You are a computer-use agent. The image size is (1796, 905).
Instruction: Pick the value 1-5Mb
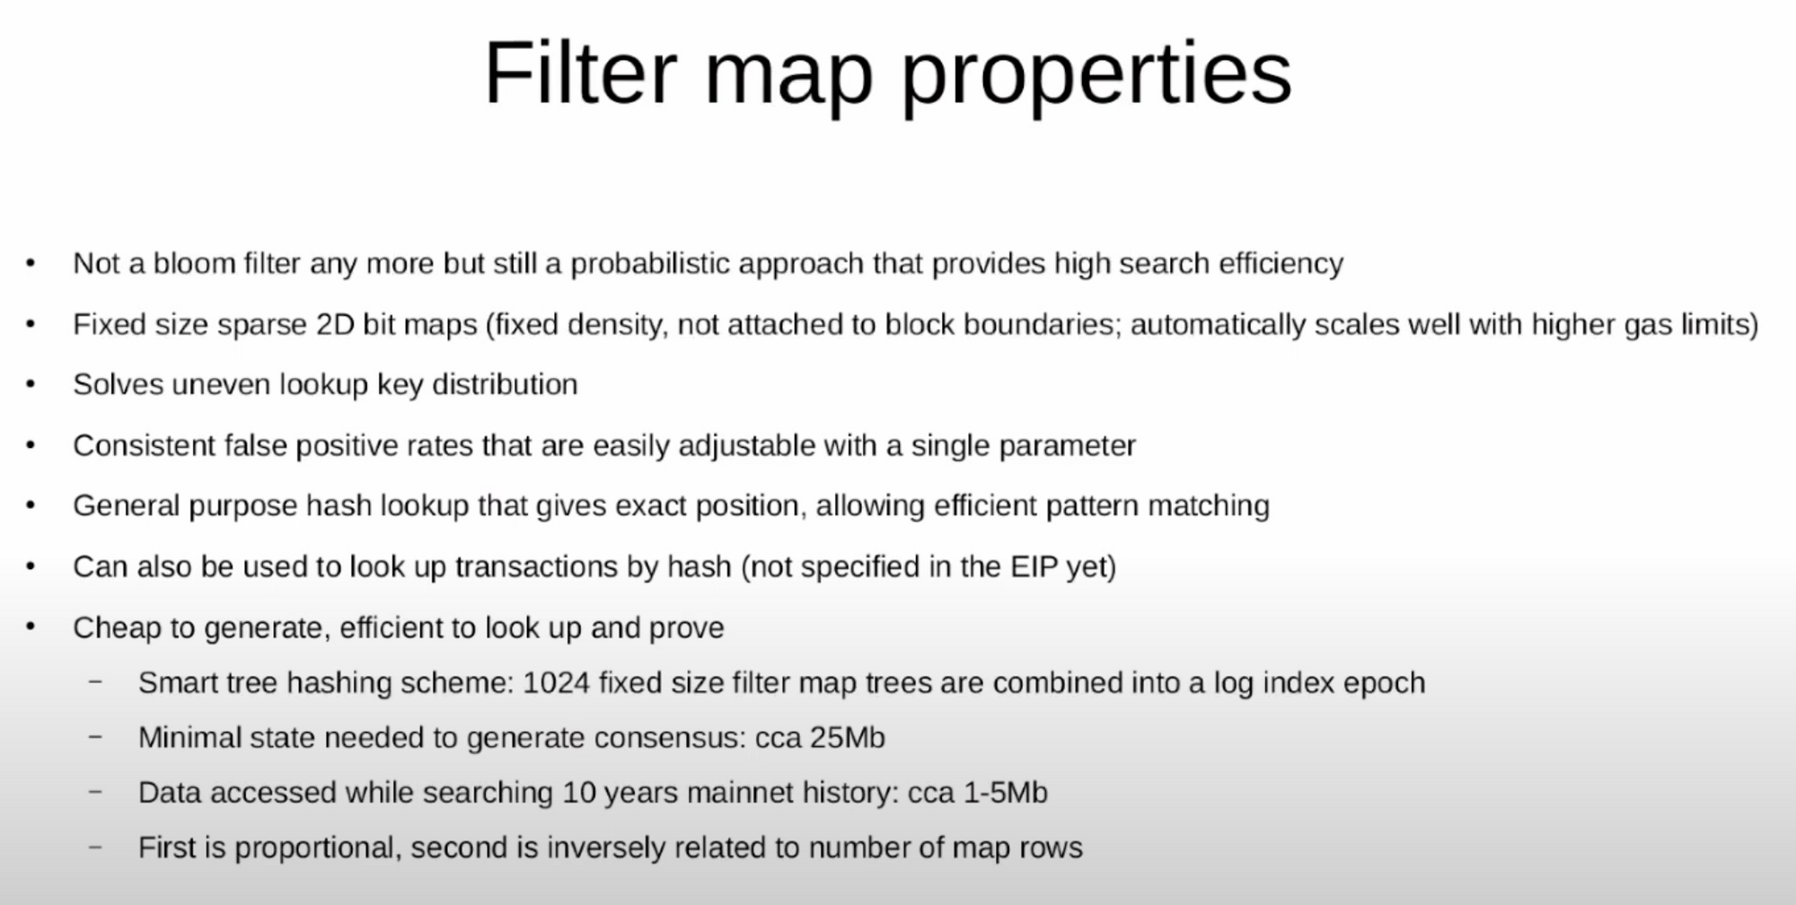click(1005, 793)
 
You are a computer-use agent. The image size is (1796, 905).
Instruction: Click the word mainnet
click(707, 793)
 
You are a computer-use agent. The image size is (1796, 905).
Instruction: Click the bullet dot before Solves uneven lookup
click(31, 384)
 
